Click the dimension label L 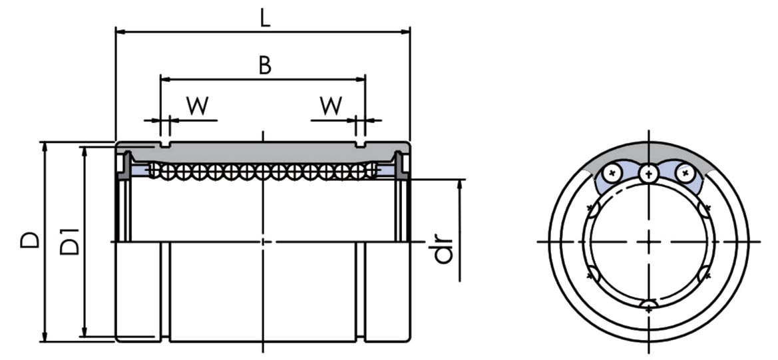[x=265, y=18]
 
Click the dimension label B [x=265, y=66]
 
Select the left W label [x=198, y=106]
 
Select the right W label [x=331, y=106]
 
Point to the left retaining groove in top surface [x=166, y=144]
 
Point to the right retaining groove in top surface [x=360, y=144]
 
